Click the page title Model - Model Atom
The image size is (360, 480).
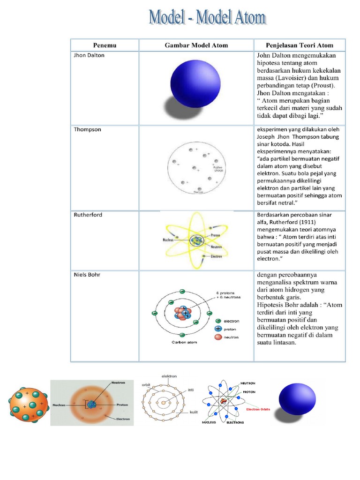(x=207, y=18)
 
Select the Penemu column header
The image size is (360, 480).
(x=105, y=45)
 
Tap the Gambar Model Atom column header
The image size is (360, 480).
(x=196, y=45)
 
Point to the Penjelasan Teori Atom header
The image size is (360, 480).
(x=300, y=45)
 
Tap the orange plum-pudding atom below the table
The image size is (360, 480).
(x=29, y=403)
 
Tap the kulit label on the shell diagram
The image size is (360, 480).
(x=192, y=412)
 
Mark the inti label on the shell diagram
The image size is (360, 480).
(x=191, y=390)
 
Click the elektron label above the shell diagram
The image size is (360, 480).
(x=169, y=376)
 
